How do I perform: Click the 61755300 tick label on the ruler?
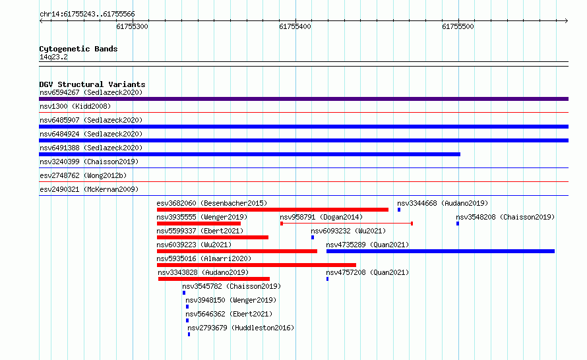[x=132, y=26]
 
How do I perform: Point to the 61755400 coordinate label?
[x=295, y=26]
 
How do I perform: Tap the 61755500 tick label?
[x=458, y=26]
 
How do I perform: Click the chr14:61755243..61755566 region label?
[x=87, y=15]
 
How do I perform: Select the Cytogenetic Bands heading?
[x=78, y=49]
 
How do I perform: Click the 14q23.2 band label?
[x=53, y=57]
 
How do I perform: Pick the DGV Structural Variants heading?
[x=92, y=84]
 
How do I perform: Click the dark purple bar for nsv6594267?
[x=303, y=99]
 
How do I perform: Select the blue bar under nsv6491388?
[x=250, y=154]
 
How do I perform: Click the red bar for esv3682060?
[x=272, y=210]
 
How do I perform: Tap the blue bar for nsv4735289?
[x=441, y=251]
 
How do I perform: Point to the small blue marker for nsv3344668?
[x=399, y=210]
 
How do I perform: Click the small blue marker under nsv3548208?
[x=458, y=224]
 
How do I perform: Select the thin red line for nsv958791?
[x=347, y=224]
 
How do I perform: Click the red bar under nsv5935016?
[x=257, y=265]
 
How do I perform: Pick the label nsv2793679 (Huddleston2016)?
[x=241, y=328]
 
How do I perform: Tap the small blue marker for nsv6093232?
[x=313, y=237]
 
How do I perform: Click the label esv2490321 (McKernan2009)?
[x=89, y=189]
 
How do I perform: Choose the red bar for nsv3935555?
[x=199, y=224]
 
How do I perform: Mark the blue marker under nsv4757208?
[x=328, y=279]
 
